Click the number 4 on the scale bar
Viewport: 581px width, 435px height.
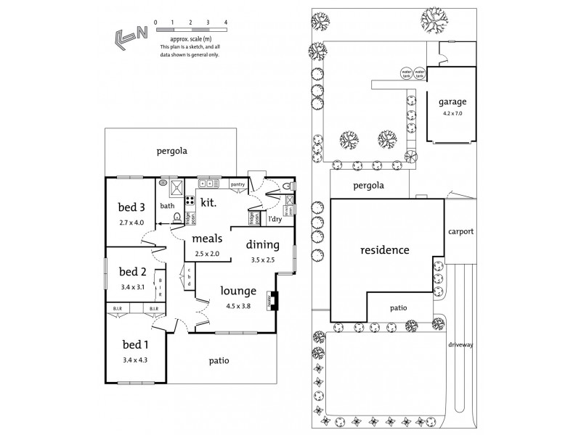pos(226,23)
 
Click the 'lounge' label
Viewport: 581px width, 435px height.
pos(238,291)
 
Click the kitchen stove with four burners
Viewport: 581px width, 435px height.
pos(189,202)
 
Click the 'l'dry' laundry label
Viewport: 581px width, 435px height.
pos(275,218)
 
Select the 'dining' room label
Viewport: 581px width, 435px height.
pos(261,244)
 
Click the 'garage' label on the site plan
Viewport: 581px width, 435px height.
pos(452,102)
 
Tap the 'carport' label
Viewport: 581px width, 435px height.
pos(461,232)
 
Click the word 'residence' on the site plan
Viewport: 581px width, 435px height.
pos(385,251)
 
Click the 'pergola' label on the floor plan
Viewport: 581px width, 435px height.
pos(173,152)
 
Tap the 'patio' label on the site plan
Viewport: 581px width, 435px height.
pos(398,307)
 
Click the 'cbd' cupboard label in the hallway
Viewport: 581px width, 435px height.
pos(189,277)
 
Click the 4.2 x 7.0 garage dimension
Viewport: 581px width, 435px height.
pos(452,113)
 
